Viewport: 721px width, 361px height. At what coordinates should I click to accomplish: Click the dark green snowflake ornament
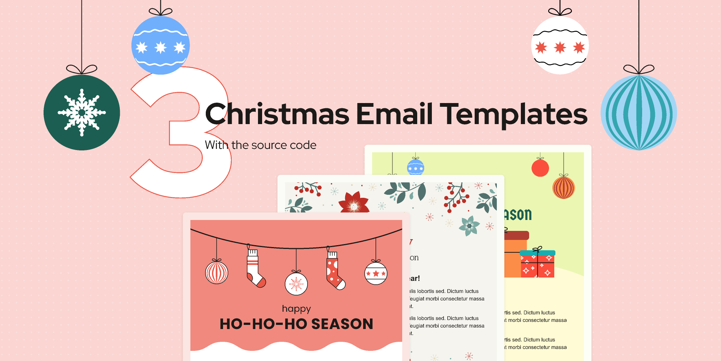(x=82, y=112)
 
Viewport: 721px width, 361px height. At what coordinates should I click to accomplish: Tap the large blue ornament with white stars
(x=161, y=46)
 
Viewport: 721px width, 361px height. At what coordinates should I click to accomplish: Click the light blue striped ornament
(x=639, y=112)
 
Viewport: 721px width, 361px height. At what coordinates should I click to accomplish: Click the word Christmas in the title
(x=277, y=114)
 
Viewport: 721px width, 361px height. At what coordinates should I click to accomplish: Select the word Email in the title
(x=394, y=114)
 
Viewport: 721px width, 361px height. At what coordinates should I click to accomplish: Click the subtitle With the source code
(x=261, y=145)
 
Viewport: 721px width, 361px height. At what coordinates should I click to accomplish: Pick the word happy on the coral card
(x=296, y=309)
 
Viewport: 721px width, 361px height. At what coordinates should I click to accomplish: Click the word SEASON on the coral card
(x=342, y=324)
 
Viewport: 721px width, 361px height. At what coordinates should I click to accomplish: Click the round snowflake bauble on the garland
(x=296, y=284)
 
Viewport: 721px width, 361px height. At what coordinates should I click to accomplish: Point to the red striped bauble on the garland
(x=217, y=272)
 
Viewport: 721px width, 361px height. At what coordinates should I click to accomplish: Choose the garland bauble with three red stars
(x=376, y=273)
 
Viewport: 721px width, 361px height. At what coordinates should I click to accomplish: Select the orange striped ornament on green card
(x=563, y=188)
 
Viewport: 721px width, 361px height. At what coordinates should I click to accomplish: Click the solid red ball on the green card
(x=540, y=168)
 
